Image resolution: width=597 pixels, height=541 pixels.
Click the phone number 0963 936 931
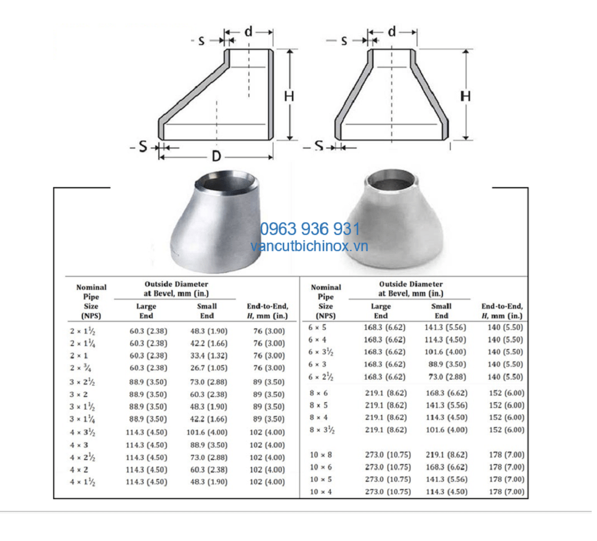pos(310,229)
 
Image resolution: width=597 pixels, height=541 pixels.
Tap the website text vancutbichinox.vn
pos(309,246)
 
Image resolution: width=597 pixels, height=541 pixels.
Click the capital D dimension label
pos(216,156)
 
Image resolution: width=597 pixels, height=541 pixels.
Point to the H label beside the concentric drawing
pos(466,96)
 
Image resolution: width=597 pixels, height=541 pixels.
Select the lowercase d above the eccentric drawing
pos(248,31)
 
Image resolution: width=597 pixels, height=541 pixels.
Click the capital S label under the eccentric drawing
pos(143,146)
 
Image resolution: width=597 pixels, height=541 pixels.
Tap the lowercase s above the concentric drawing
pos(344,41)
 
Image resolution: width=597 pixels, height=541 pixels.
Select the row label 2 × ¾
pos(81,368)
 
